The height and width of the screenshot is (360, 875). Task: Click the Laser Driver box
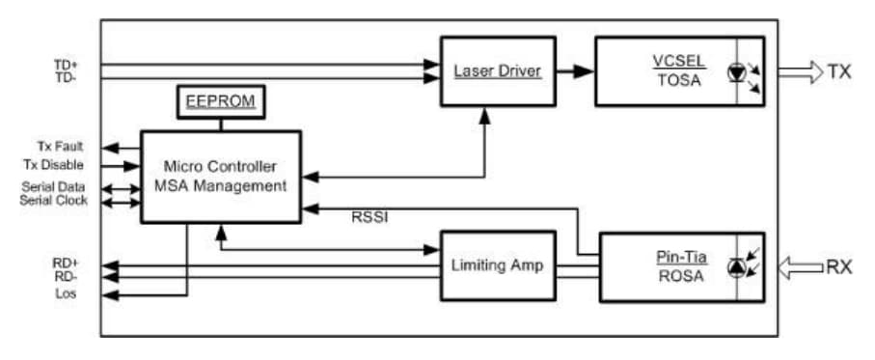pos(498,70)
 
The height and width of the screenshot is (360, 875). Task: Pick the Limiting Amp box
pos(498,265)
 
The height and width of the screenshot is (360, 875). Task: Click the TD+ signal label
pos(67,65)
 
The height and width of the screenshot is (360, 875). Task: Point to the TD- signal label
pos(66,77)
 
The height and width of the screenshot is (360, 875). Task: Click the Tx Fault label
pos(60,147)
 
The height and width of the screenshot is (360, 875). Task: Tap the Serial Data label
pos(54,186)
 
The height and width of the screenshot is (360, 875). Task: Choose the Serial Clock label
pos(54,200)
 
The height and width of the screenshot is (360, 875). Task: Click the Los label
pos(66,293)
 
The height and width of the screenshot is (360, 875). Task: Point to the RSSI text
pos(370,217)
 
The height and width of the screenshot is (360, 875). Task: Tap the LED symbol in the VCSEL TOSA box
pos(741,73)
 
